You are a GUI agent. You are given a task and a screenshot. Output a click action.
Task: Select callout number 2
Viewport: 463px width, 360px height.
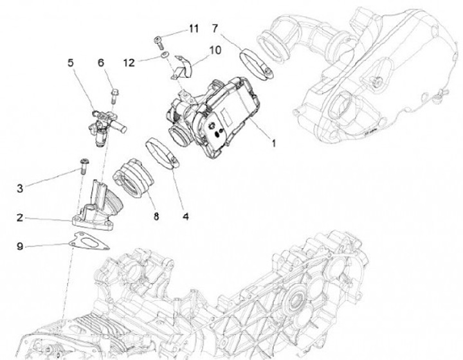[x=20, y=218]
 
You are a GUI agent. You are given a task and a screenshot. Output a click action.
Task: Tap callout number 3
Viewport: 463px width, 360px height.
[x=20, y=188]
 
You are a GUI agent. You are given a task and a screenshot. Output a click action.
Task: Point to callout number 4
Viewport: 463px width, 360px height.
[x=186, y=217]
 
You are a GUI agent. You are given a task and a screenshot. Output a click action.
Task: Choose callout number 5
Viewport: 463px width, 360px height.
[x=71, y=62]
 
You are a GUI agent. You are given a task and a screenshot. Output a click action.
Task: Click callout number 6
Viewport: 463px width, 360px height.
[x=101, y=62]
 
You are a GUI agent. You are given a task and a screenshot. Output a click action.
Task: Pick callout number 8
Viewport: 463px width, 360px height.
[x=155, y=217]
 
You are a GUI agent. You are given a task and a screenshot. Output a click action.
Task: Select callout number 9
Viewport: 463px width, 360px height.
[x=20, y=246]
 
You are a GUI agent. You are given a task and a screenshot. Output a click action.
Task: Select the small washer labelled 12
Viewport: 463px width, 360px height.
[x=165, y=56]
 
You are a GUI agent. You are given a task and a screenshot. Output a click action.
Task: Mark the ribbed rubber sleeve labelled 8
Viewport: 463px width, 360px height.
[x=132, y=178]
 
